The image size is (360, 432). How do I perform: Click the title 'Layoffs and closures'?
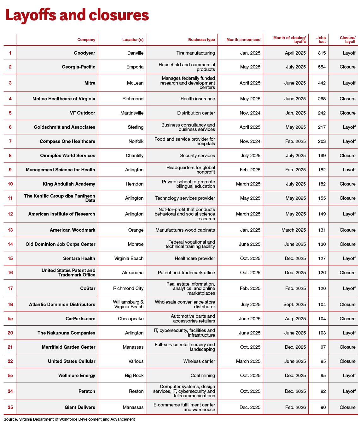click(x=77, y=15)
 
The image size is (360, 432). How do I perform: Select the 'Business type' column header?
click(x=201, y=40)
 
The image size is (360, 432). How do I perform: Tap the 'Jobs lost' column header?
click(x=321, y=40)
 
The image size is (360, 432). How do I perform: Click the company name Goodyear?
click(x=84, y=53)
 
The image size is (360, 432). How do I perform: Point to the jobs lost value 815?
click(x=322, y=53)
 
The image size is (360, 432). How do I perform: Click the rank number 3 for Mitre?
click(x=10, y=83)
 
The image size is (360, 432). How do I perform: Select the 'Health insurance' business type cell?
click(x=198, y=99)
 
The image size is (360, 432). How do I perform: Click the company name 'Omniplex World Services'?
click(x=67, y=156)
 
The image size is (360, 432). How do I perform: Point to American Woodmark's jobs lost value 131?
click(x=322, y=230)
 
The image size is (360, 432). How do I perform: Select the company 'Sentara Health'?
click(x=79, y=258)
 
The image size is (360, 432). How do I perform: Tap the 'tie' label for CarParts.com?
click(x=10, y=319)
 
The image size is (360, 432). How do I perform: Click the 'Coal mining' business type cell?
click(x=203, y=376)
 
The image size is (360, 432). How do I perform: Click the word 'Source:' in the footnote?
click(x=11, y=419)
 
